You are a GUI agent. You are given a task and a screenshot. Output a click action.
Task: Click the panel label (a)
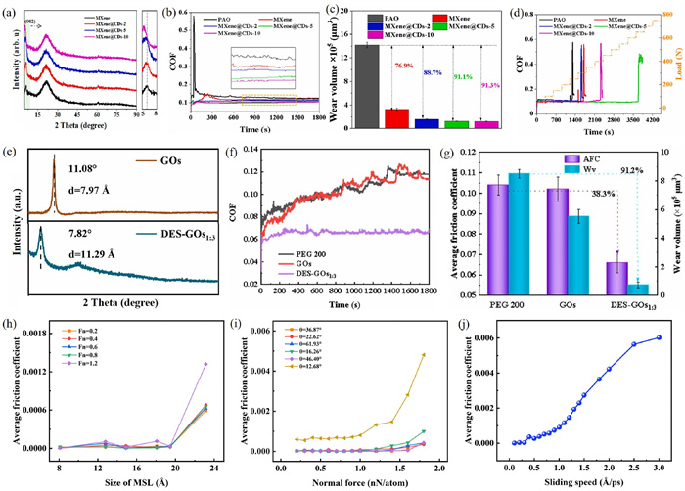(13, 13)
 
